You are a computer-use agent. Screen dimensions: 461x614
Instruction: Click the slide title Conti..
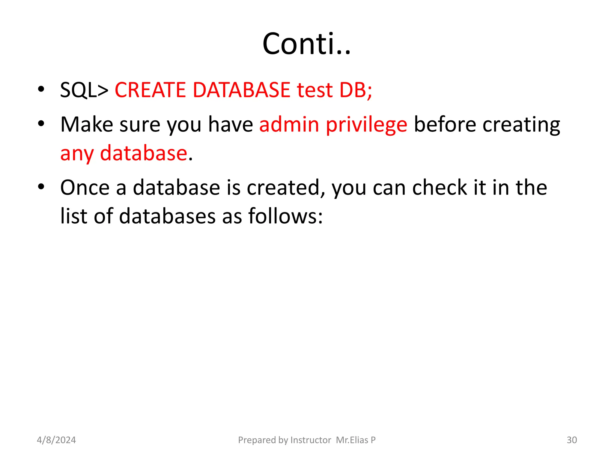coord(306,44)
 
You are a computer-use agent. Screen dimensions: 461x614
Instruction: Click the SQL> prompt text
coord(84,90)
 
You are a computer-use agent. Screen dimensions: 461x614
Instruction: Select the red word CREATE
coord(150,90)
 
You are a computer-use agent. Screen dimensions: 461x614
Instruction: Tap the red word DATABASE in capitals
coord(241,90)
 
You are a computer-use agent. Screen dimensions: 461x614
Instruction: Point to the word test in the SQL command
coord(315,90)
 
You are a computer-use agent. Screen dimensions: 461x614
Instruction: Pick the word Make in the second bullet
coord(87,124)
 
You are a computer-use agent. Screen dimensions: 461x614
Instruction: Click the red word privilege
coord(366,125)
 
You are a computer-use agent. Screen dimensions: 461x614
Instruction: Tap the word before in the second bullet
coord(445,124)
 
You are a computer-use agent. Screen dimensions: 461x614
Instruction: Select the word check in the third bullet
coord(440,188)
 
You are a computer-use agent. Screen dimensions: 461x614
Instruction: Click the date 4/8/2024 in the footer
coord(56,440)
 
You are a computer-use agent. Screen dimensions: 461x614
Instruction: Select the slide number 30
coord(572,440)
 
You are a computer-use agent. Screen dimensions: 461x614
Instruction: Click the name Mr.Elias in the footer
coord(352,440)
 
